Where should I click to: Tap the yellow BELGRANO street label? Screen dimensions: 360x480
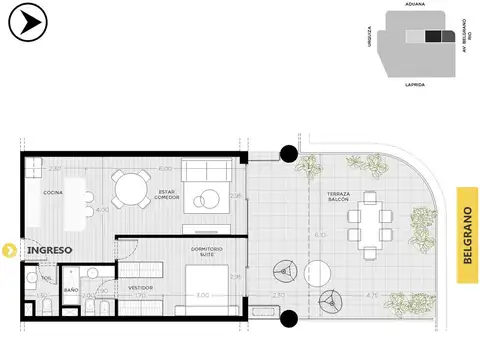[x=465, y=231]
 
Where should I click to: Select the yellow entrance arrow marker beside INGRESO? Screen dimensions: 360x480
[x=7, y=249]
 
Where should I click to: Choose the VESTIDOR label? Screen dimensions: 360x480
[x=140, y=288]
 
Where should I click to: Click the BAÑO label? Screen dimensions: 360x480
[x=71, y=290]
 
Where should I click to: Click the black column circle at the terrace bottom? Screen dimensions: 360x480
[x=289, y=319]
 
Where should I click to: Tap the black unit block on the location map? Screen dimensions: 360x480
[x=433, y=37]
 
